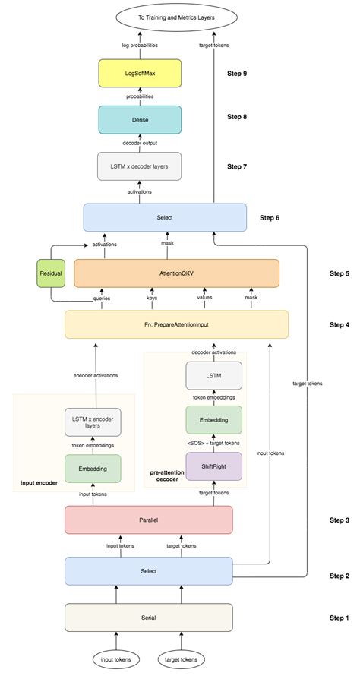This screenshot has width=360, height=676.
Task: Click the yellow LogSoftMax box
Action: coord(141,74)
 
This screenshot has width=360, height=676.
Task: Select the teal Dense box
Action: coord(141,119)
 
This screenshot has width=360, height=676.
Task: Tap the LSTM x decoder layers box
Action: coord(141,166)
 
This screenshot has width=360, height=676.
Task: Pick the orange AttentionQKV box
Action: coord(176,273)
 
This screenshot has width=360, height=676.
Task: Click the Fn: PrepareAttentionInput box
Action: coord(176,324)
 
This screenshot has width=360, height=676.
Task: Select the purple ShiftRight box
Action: coord(213,466)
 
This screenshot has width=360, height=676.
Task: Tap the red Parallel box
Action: coord(148,520)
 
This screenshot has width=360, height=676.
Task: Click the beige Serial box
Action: coord(148,618)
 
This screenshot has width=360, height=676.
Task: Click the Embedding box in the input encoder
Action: coord(93,469)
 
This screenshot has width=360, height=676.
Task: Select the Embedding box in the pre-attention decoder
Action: coord(213,419)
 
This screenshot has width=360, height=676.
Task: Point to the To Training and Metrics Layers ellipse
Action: coord(175,16)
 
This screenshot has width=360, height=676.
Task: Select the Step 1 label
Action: coord(338,618)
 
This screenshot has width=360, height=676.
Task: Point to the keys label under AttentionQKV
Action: coord(151,298)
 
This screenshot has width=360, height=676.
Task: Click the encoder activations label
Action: coord(95,375)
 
